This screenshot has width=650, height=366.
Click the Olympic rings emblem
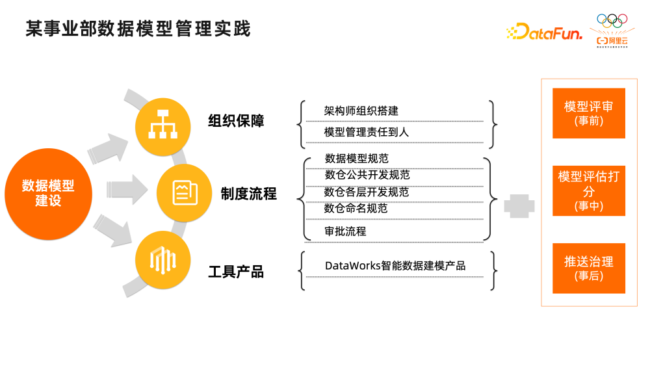point(614,21)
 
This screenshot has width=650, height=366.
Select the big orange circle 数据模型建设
point(48,193)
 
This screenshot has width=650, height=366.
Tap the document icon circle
point(185,192)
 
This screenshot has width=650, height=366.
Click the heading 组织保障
point(236,122)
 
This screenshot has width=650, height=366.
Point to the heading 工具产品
point(236,272)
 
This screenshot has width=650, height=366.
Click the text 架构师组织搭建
point(361,111)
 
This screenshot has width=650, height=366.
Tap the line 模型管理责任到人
point(366,132)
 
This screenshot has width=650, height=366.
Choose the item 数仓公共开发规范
point(367,175)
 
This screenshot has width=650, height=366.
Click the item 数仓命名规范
point(356,209)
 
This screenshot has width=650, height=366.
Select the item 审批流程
point(345,231)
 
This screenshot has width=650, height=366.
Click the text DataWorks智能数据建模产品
point(395,266)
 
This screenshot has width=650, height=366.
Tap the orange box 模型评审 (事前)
point(588,113)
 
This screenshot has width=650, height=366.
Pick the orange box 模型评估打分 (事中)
point(588,191)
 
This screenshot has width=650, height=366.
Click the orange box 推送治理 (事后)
point(588,268)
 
